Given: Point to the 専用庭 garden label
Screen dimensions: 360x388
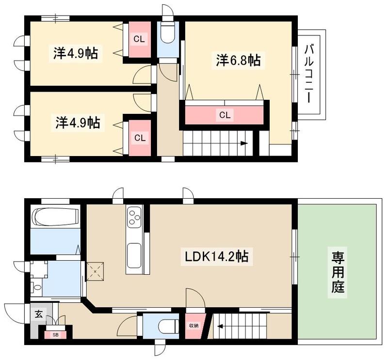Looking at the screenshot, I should [338, 272].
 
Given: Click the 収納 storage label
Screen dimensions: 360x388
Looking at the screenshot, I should [194, 325].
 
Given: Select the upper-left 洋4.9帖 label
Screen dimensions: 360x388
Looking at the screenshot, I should [75, 53].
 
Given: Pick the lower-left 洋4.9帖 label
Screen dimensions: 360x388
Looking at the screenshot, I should [77, 123].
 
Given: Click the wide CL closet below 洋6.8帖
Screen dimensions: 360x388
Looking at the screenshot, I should [224, 115].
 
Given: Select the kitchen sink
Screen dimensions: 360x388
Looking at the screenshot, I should [134, 257].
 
